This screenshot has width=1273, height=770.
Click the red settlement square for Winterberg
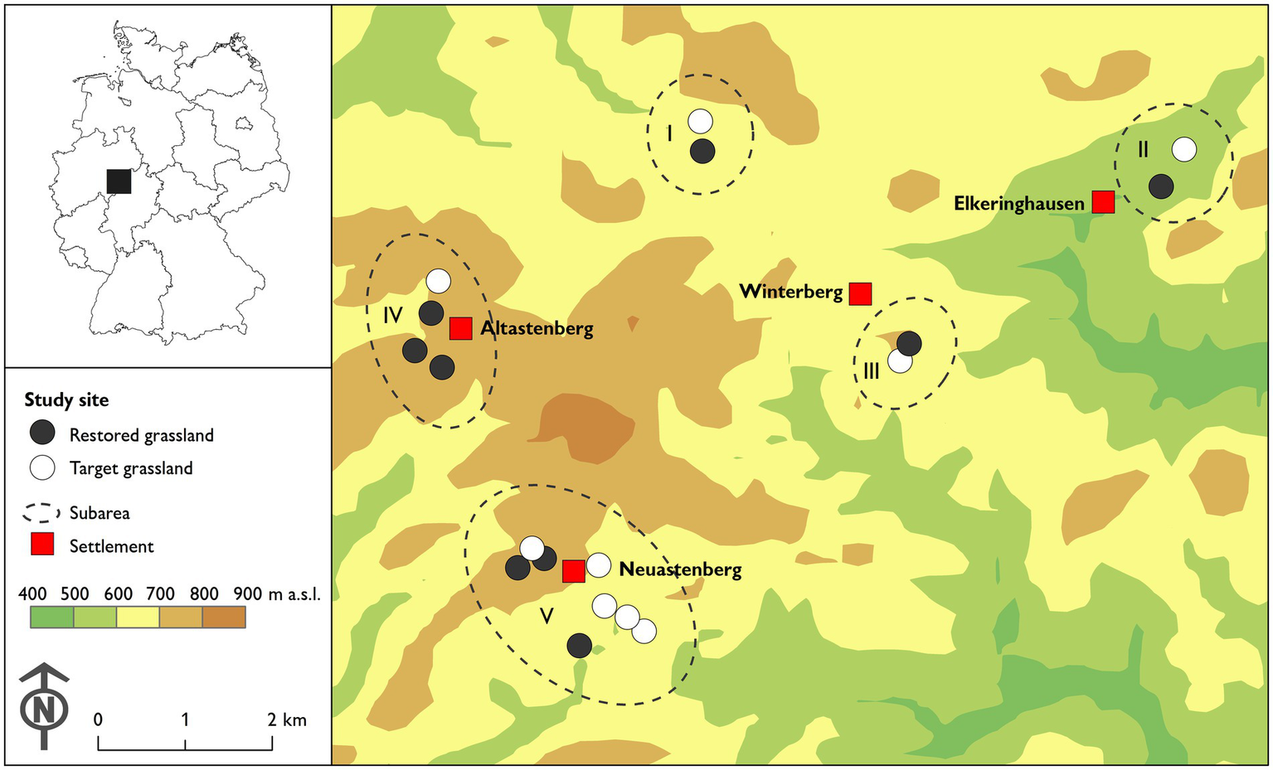tap(860, 293)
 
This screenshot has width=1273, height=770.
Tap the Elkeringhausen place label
tap(1018, 204)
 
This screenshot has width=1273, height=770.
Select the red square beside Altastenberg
tap(460, 328)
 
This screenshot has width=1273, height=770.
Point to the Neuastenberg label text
tap(680, 569)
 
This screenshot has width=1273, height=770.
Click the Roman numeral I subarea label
tap(669, 133)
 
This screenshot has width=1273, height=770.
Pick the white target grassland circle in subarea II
tap(1184, 150)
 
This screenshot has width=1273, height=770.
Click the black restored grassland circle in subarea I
tap(702, 151)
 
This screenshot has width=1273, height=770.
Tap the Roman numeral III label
tap(871, 370)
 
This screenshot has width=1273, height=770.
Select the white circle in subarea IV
tap(438, 281)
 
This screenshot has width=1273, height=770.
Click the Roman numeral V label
tap(547, 616)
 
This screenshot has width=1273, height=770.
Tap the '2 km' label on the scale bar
tap(288, 719)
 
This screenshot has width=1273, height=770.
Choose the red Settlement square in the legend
tap(42, 545)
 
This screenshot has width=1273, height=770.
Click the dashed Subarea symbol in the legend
tap(42, 512)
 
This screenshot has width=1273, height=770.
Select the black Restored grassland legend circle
tap(42, 433)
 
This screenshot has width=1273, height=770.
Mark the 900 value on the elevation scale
tap(247, 593)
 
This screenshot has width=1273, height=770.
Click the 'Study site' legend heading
tap(66, 400)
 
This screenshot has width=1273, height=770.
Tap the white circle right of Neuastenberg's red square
tap(599, 565)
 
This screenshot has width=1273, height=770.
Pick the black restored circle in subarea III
tap(909, 343)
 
